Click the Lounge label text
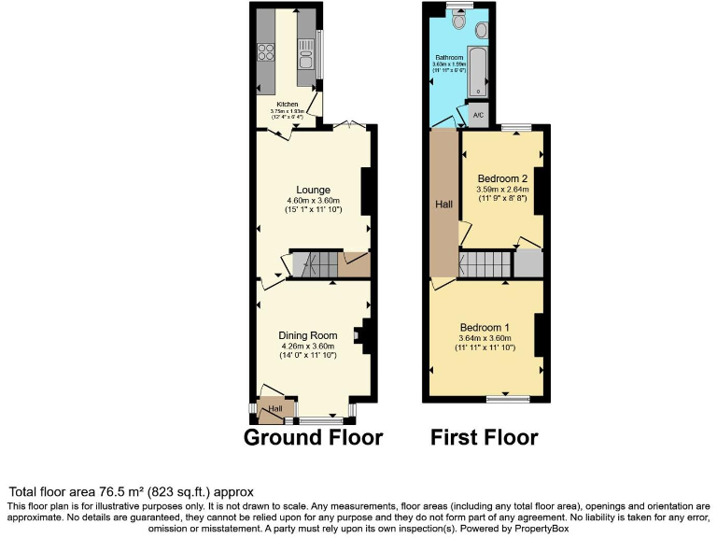point(313,189)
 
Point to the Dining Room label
point(307,335)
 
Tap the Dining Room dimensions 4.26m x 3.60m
point(308,346)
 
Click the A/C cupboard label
point(477,116)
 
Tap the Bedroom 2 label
point(502,178)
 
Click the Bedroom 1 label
point(485,327)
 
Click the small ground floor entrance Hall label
point(275,409)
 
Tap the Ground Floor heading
point(314,437)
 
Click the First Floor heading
point(484,437)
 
